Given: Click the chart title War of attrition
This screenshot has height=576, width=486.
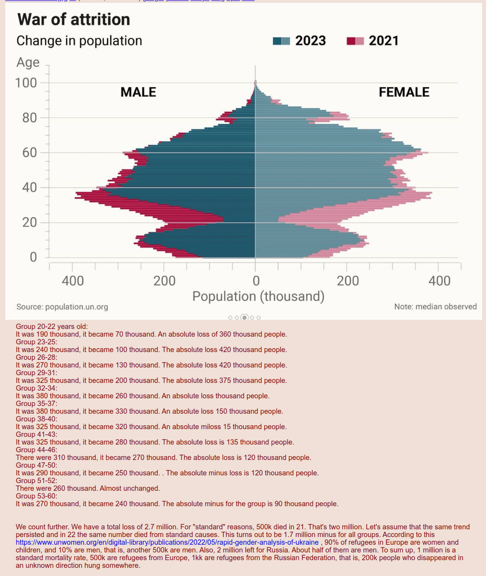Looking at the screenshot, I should (x=74, y=20).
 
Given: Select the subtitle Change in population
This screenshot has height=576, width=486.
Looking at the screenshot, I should (x=79, y=40).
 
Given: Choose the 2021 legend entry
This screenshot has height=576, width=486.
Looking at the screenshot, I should (x=373, y=40).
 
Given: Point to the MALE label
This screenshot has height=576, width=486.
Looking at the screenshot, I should (x=138, y=92).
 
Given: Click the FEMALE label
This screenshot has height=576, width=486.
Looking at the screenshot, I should (x=404, y=92).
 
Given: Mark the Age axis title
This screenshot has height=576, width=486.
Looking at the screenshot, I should (x=28, y=62).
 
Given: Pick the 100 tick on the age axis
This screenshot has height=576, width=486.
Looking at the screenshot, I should (x=26, y=83).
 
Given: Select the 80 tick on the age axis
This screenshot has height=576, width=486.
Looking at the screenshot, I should (x=30, y=118).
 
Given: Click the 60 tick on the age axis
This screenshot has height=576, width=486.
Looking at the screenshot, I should (x=30, y=153).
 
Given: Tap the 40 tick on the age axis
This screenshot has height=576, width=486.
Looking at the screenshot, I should (x=30, y=188).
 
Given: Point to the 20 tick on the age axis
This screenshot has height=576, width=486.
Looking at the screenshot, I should (x=30, y=223).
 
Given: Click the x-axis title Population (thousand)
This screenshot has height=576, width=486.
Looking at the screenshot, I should (x=258, y=296).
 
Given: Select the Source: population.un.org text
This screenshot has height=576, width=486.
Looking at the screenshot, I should (x=62, y=307).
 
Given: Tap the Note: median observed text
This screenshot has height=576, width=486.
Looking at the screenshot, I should (x=435, y=307).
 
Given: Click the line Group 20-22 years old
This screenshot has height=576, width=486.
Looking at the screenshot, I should (x=52, y=326).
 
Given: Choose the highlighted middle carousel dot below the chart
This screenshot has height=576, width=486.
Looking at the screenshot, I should (x=244, y=317).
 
